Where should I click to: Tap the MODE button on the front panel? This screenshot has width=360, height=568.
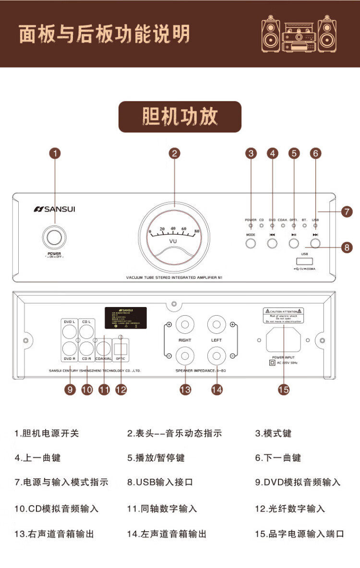(x=251, y=243)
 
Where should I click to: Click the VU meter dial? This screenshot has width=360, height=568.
(x=174, y=238)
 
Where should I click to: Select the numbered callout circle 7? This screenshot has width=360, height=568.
(x=346, y=211)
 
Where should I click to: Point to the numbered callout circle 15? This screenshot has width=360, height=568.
(x=284, y=389)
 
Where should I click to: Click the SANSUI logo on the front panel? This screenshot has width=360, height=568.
(x=54, y=209)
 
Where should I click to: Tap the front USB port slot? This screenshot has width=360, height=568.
(x=304, y=261)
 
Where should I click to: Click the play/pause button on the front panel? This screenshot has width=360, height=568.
(x=294, y=243)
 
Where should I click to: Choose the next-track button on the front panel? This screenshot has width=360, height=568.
(x=315, y=243)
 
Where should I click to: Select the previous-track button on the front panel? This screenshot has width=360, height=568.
(x=272, y=243)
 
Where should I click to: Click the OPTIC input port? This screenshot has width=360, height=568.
(x=120, y=348)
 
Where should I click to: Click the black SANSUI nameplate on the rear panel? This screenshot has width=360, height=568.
(x=126, y=318)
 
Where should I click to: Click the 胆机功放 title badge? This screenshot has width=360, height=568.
(x=180, y=117)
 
